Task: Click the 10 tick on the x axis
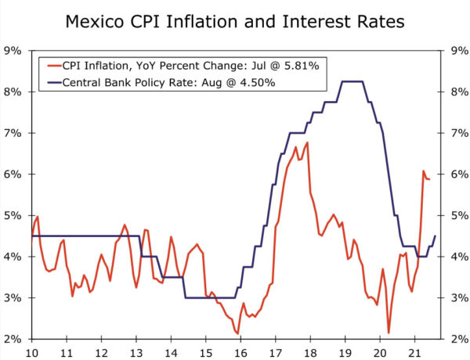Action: pyautogui.click(x=32, y=351)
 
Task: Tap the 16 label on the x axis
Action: pyautogui.click(x=241, y=351)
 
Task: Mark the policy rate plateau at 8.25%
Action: pyautogui.click(x=352, y=81)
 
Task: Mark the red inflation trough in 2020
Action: pyautogui.click(x=389, y=333)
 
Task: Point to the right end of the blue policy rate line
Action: pyautogui.click(x=435, y=236)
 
